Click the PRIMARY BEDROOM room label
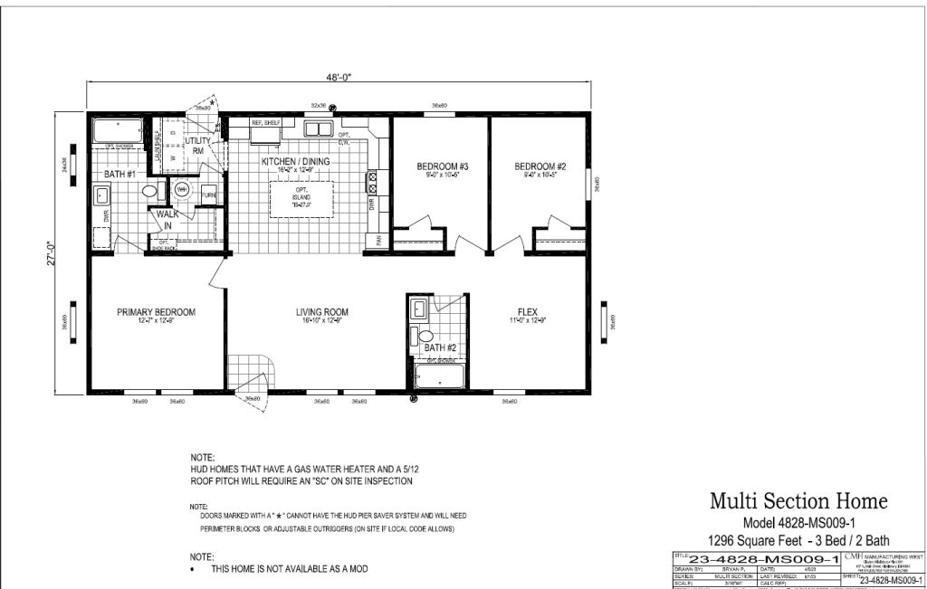click(x=156, y=312)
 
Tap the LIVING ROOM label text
click(x=321, y=312)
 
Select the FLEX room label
click(x=528, y=312)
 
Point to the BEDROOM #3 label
click(x=441, y=166)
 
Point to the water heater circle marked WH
click(x=181, y=189)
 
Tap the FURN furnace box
click(x=208, y=195)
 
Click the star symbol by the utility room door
click(x=211, y=103)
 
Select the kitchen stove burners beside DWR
click(x=370, y=184)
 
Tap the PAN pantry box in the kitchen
click(x=378, y=240)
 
